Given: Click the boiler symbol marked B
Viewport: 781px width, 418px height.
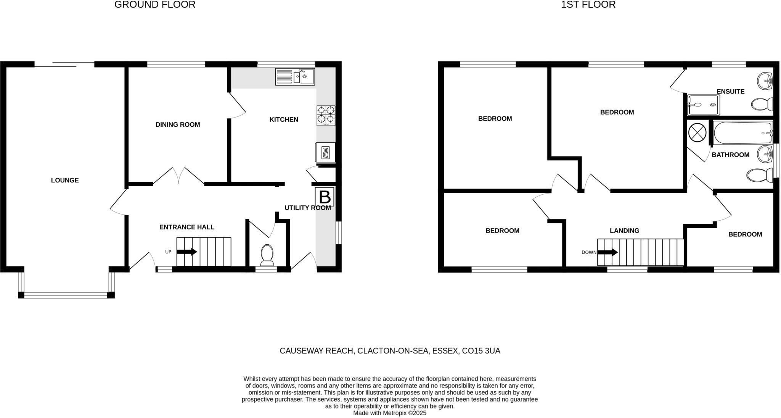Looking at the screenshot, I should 325,197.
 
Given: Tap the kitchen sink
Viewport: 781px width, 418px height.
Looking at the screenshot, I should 295,77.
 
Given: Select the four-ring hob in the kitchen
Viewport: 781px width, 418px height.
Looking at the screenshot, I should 326,115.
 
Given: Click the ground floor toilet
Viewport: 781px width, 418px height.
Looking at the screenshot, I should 267,255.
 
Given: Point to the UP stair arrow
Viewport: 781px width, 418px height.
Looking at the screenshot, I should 187,252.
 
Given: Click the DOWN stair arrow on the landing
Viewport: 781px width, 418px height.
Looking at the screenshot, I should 607,252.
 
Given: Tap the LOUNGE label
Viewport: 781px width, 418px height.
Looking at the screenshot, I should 65,180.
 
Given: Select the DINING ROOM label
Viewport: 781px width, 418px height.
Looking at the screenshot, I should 178,124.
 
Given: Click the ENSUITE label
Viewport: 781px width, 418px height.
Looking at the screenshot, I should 730,92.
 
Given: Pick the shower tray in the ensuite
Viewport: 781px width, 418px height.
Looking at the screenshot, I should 703,105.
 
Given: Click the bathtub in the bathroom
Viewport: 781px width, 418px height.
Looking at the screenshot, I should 742,133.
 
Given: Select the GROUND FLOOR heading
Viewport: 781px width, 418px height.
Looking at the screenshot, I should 155,5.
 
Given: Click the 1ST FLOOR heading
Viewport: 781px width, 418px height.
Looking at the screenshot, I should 588,5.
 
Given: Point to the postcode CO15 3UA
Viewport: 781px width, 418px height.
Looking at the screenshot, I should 481,351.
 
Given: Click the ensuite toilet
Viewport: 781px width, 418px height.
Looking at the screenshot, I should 762,103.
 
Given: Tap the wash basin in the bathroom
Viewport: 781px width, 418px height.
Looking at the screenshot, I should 765,155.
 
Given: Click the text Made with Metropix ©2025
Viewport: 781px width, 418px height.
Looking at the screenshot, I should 389,413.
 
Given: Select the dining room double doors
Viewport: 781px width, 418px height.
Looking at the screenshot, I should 178,176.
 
